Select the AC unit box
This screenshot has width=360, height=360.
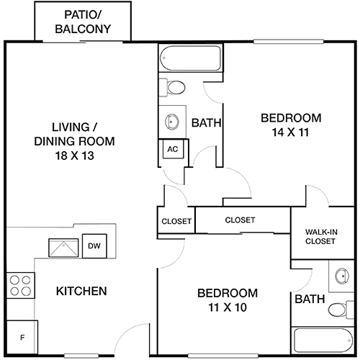(172, 149)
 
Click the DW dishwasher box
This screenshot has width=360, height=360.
(94, 246)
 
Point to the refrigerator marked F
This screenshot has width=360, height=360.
(22, 337)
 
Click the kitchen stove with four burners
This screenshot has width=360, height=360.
(21, 285)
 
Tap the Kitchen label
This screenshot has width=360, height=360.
(81, 292)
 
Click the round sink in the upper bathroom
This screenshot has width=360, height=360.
(173, 121)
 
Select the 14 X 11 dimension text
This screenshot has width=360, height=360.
(289, 132)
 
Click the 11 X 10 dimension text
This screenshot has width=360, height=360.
(227, 307)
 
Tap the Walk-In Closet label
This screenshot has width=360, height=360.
(320, 236)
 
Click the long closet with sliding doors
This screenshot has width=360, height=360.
(240, 220)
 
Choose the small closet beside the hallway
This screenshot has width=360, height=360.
(176, 221)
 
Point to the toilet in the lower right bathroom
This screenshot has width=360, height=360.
(338, 310)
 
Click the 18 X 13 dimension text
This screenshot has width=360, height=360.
(64, 155)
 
